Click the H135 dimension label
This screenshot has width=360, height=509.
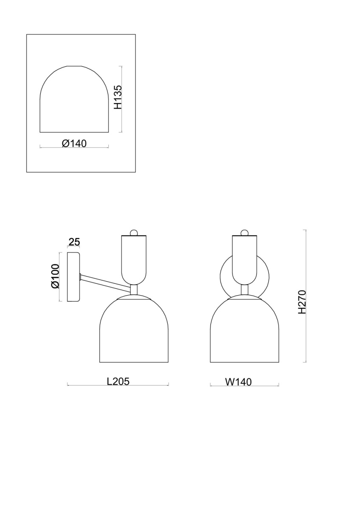118,97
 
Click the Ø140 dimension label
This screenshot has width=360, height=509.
74,143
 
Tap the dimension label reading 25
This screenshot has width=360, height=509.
74,242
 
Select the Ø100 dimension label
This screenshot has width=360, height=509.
55,276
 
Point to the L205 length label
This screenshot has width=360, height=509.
118,381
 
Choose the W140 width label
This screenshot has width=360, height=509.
238,382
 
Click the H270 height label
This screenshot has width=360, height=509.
302,302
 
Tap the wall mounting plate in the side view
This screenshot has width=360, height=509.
73,277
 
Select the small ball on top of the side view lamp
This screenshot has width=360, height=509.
134,232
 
